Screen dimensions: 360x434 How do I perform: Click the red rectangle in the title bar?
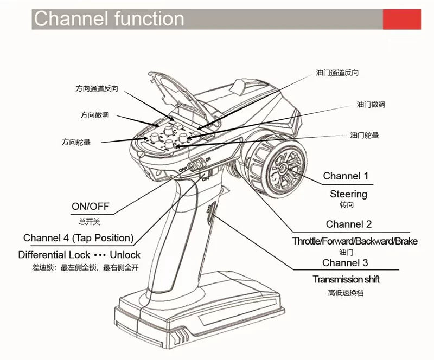[402, 19]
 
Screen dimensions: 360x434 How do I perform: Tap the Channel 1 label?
[346, 176]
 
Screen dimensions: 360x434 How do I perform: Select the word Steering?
[348, 194]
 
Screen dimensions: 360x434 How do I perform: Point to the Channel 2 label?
[349, 224]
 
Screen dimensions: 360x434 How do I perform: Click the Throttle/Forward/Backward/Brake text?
[355, 241]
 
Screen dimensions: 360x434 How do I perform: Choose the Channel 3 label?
[345, 263]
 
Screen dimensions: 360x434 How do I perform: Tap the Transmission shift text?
[346, 279]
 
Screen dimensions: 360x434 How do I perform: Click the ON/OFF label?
[91, 206]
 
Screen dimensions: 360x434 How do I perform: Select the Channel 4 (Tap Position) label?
[79, 238]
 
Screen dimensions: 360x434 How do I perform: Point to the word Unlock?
[125, 254]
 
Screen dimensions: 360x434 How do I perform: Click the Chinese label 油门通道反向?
[337, 73]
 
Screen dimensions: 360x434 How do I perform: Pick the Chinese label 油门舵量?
[364, 135]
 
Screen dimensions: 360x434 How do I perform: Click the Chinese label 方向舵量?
[76, 142]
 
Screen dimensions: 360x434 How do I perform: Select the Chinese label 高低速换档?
[346, 293]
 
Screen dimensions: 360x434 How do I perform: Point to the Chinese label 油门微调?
[371, 104]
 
